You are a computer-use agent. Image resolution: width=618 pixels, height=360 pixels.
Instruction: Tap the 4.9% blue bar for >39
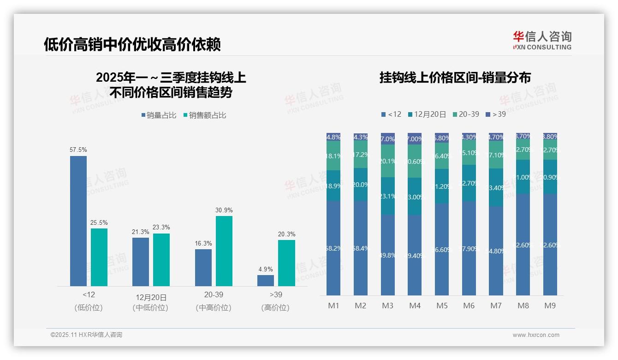click(x=266, y=281)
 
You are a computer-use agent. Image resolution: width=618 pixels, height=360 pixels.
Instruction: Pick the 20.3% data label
click(x=286, y=234)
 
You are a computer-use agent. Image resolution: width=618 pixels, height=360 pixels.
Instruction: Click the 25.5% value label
click(x=99, y=222)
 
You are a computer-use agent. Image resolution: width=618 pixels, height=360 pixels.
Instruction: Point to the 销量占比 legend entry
click(x=159, y=115)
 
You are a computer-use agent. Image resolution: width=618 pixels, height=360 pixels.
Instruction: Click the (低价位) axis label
click(x=89, y=307)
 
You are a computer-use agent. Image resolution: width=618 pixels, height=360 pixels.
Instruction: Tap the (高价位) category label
click(x=275, y=307)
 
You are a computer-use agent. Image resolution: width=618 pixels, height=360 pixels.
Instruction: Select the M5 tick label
click(x=442, y=306)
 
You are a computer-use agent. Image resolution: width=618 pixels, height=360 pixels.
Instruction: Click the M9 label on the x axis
click(x=550, y=306)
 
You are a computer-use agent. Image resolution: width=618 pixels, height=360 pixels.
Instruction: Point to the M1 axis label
click(x=333, y=306)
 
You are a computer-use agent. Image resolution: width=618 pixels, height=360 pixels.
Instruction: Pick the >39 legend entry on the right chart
click(x=496, y=114)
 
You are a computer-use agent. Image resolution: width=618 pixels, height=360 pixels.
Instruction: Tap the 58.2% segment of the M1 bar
click(x=333, y=248)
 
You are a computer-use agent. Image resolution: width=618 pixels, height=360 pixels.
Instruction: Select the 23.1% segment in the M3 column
click(x=388, y=196)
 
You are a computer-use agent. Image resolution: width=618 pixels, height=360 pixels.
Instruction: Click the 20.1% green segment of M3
click(x=388, y=161)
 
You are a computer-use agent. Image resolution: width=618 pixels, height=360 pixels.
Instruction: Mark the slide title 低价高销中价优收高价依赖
click(x=132, y=44)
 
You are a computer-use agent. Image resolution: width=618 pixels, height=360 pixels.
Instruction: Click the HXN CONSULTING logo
click(x=542, y=41)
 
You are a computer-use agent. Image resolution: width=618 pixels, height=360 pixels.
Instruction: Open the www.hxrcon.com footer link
click(x=536, y=335)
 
